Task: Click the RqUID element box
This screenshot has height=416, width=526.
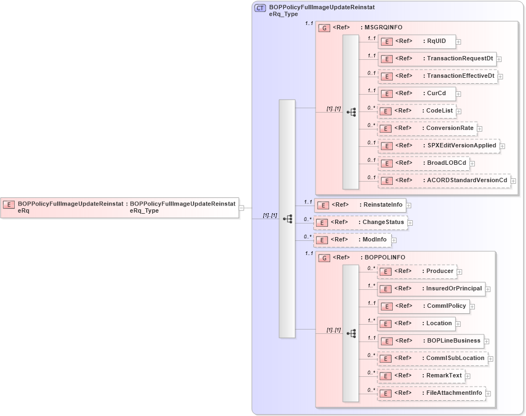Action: coord(417,41)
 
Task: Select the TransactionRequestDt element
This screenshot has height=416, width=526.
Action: coord(436,59)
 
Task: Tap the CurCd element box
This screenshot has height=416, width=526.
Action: coord(416,94)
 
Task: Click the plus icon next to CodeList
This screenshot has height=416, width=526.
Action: coord(459,111)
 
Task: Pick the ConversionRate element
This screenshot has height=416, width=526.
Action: coord(427,128)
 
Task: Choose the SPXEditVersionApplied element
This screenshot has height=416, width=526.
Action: coord(438,146)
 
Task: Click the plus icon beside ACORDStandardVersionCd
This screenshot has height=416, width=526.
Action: coord(513,181)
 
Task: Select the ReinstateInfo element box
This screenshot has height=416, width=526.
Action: coord(360,205)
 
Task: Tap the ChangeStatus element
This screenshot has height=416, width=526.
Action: coord(360,222)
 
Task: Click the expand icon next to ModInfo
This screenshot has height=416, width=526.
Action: coord(394,240)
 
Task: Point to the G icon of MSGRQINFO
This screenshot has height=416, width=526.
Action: coord(324,28)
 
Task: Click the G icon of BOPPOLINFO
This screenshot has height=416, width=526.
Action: coord(324,258)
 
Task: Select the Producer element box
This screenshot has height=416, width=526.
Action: coord(416,271)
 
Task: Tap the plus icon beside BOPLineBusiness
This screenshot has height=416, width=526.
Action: coord(487,342)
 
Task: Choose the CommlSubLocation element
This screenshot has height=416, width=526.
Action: coord(432,358)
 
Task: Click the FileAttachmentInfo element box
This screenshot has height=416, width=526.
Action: coord(431,393)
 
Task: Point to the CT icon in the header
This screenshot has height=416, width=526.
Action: coord(260,8)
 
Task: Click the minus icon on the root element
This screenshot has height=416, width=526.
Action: coord(242,207)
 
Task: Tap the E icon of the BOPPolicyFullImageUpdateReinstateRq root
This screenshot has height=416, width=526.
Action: coord(9,204)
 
